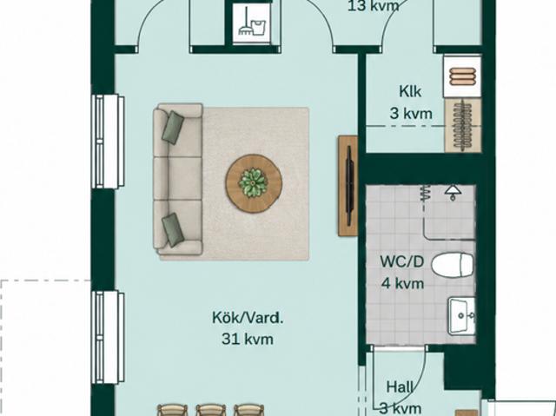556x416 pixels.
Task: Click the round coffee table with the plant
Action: pos(254,183)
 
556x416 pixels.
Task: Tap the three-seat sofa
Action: pos(178,179)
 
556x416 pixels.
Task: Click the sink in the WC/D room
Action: pos(461,316)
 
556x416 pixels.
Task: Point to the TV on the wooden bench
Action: pos(349,186)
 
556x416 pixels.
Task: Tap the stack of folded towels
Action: pos(462,76)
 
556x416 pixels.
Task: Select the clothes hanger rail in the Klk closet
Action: pos(463,125)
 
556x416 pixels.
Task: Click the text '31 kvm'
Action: pos(248,339)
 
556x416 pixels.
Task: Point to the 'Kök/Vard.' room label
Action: pos(248,318)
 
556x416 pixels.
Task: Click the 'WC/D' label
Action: pos(402,262)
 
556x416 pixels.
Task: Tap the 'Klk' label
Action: pos(410,91)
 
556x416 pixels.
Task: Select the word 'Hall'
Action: pos(400,387)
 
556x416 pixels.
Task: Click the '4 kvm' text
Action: pos(402,283)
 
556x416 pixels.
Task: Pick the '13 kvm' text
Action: pos(374,6)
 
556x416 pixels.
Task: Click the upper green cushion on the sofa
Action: pos(173,128)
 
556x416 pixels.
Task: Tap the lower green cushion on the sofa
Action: pos(173,229)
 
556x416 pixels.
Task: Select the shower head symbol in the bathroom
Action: pos(453,192)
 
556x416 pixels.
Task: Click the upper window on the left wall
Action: pos(108,142)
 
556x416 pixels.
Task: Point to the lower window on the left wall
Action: pos(108,337)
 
